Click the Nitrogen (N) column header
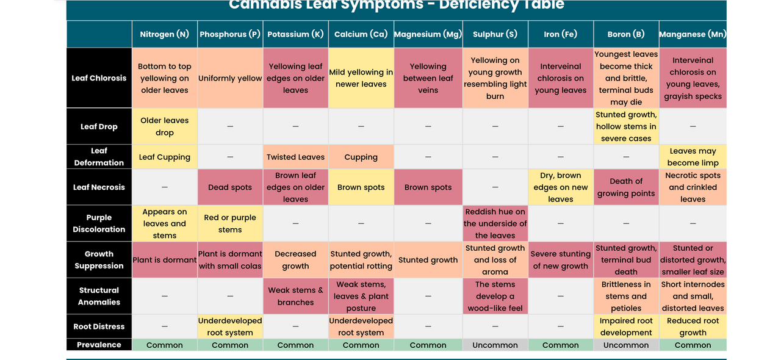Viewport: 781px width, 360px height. pos(164,34)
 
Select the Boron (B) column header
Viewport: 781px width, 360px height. pos(626,34)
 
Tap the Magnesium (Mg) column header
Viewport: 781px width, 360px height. pos(428,34)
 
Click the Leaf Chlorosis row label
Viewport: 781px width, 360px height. pos(99,78)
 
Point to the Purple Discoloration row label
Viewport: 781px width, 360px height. pos(99,223)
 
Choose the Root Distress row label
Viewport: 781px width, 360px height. pos(99,326)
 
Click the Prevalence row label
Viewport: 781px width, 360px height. pos(99,345)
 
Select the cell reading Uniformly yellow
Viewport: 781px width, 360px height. pos(230,78)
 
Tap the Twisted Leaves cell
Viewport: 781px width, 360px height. pos(295,157)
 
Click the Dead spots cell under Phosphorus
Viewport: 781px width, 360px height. pos(230,187)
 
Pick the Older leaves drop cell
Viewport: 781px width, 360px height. pos(164,126)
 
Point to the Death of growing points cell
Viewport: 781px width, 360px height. pos(626,187)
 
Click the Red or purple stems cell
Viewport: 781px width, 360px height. pos(230,223)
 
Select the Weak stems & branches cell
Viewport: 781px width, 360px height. pos(295,296)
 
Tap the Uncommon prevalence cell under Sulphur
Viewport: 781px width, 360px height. pos(495,345)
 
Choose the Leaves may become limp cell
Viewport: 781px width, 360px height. pos(693,157)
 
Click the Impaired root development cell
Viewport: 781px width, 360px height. pos(626,326)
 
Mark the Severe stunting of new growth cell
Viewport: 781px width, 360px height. pos(560,260)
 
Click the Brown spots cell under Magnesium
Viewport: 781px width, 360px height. pos(428,187)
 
